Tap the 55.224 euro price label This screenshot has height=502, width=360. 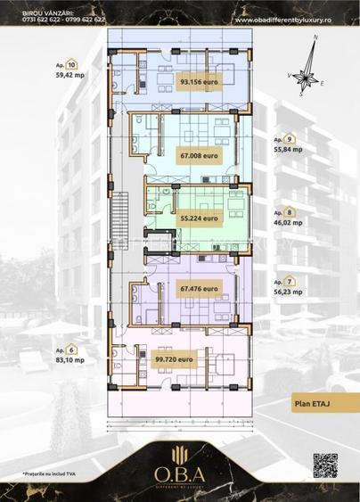coord(200,217)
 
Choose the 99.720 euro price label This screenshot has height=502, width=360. coord(200,358)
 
